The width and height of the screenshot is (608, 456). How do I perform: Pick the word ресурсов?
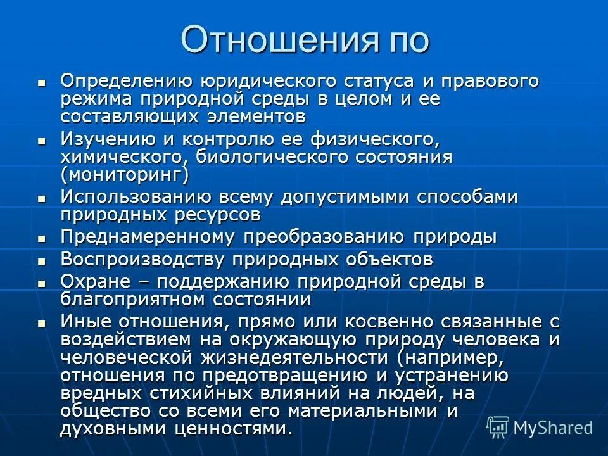[222, 214]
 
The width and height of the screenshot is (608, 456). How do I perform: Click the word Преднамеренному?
[148, 237]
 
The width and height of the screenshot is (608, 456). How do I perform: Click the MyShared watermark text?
[552, 427]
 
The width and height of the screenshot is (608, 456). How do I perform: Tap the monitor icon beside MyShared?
[498, 427]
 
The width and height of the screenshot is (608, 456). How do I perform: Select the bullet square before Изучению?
[42, 140]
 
